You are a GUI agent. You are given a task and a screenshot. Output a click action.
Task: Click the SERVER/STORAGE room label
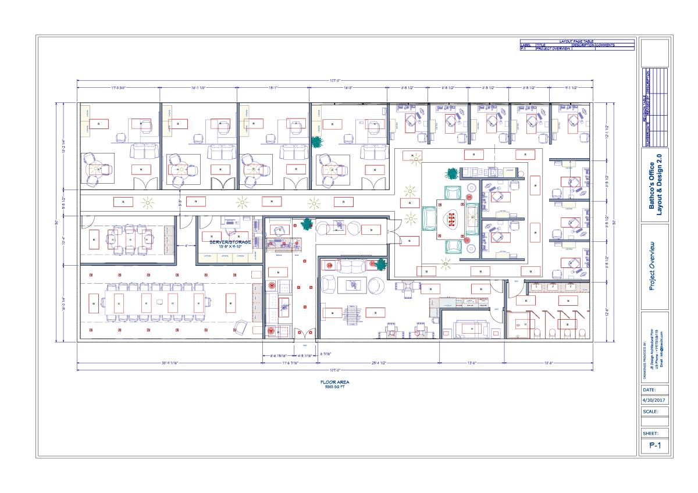coord(230,242)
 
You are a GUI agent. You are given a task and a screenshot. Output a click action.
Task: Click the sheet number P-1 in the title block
coord(655,446)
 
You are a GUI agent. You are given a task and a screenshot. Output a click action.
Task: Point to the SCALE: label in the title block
coord(651,411)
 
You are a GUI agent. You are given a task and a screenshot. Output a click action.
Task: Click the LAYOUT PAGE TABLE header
coord(576,42)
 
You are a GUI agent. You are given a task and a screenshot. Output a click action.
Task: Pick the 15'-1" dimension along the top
coord(273,88)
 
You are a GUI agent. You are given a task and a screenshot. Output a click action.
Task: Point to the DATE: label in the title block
coord(650,390)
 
